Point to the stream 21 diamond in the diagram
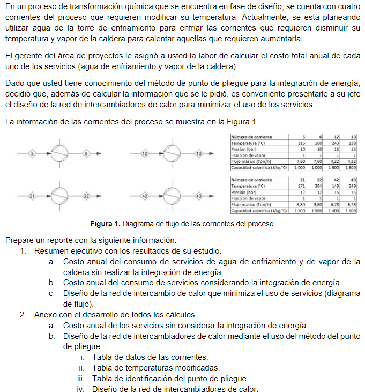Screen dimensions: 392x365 click(x=32, y=197)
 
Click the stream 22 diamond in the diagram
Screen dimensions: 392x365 click(x=86, y=197)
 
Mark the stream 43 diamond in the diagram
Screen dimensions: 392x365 click(x=199, y=197)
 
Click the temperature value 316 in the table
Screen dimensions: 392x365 click(x=301, y=143)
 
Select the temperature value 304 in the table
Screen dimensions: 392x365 click(x=318, y=186)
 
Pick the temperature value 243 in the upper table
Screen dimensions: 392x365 click(x=335, y=143)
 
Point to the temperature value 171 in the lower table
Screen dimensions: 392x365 click(x=301, y=186)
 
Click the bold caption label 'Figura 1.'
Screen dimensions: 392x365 click(x=105, y=224)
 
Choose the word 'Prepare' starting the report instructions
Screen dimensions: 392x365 click(x=19, y=240)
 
